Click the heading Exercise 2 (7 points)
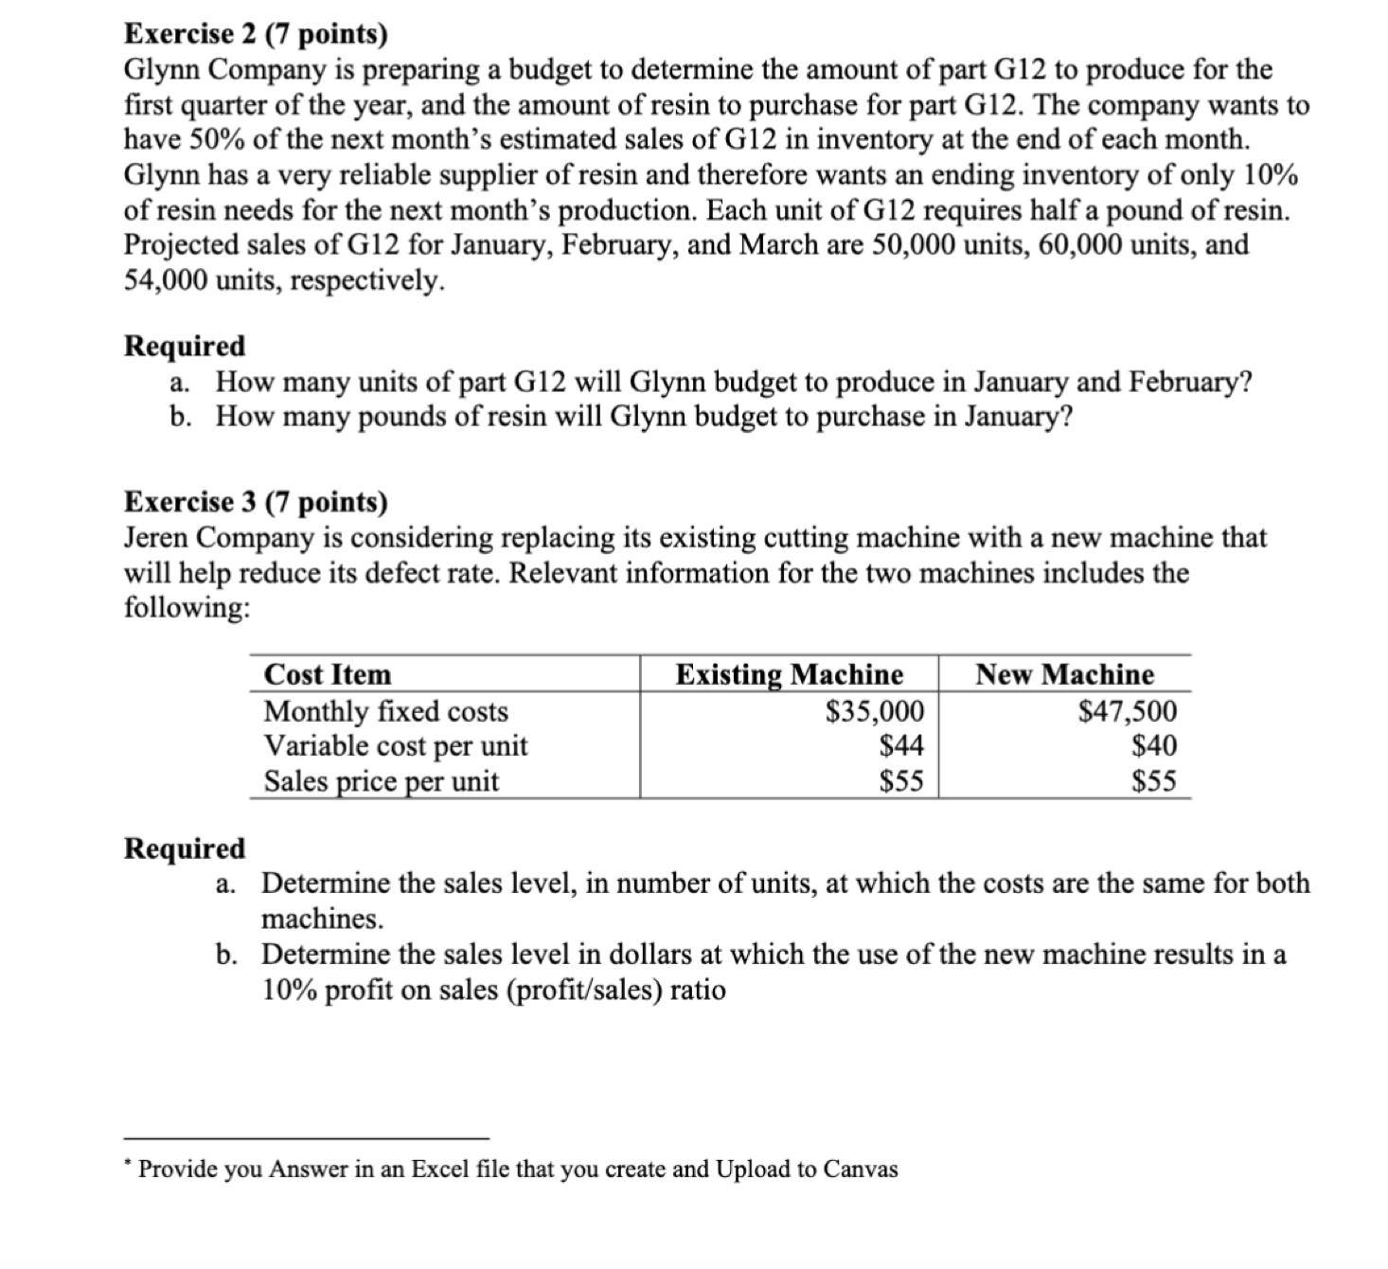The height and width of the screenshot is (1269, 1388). [x=256, y=35]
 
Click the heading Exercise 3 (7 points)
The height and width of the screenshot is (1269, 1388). [x=256, y=502]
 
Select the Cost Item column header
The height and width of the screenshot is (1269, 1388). [x=328, y=675]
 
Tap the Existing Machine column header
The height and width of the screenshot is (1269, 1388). [x=789, y=675]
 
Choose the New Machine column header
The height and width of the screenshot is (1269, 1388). [x=1065, y=675]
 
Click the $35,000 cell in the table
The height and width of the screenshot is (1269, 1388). [x=875, y=711]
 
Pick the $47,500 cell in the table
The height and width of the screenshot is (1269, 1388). [x=1129, y=711]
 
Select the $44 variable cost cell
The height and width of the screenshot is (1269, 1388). [x=901, y=746]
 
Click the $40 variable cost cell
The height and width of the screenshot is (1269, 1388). [x=1155, y=746]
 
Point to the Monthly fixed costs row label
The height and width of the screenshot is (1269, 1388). [x=385, y=711]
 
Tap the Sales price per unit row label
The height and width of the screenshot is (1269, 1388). [x=381, y=782]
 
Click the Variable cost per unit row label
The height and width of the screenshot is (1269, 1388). [x=395, y=746]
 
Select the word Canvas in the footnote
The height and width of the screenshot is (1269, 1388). [x=861, y=1170]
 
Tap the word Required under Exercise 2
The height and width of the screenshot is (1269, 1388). [x=185, y=346]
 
